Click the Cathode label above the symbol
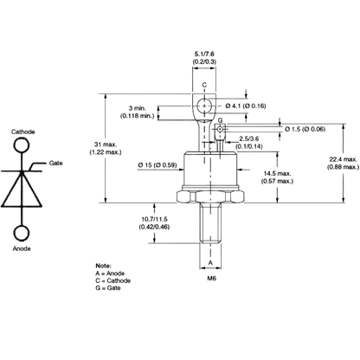pyautogui.click(x=23, y=132)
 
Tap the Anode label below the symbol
pyautogui.click(x=22, y=248)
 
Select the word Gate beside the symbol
pyautogui.click(x=55, y=163)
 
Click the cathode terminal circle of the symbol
pyautogui.click(x=21, y=145)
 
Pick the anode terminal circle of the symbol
pyautogui.click(x=22, y=233)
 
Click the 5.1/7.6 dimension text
pyautogui.click(x=204, y=54)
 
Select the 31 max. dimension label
pyautogui.click(x=106, y=145)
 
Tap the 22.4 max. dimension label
pyautogui.click(x=344, y=159)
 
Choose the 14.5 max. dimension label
pyautogui.click(x=277, y=173)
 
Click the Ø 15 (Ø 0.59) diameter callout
pyautogui.click(x=157, y=165)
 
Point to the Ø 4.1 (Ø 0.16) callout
pyautogui.click(x=246, y=106)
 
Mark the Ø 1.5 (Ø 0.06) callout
pyautogui.click(x=305, y=129)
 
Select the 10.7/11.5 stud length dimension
pyautogui.click(x=154, y=220)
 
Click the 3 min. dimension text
pyautogui.click(x=138, y=108)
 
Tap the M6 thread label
pyautogui.click(x=211, y=279)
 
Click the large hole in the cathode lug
pyautogui.click(x=204, y=106)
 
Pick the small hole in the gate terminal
pyautogui.click(x=220, y=129)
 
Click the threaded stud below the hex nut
pyautogui.click(x=210, y=222)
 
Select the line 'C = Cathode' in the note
pyautogui.click(x=113, y=280)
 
